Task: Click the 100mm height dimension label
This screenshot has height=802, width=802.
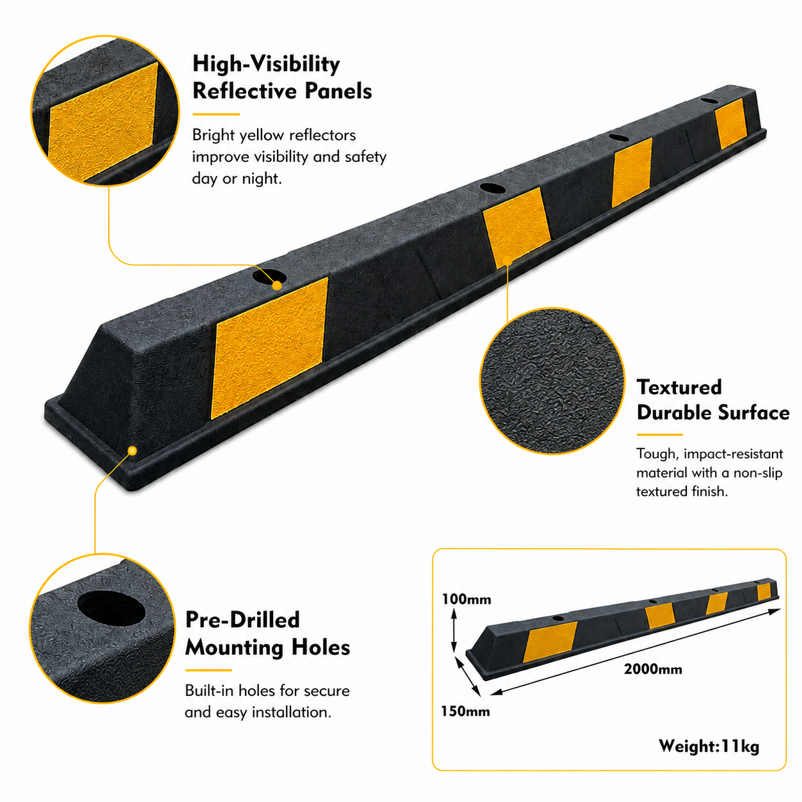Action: (x=466, y=599)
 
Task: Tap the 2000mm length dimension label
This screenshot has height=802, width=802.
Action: (x=652, y=669)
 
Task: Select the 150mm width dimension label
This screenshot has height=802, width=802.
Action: (x=466, y=711)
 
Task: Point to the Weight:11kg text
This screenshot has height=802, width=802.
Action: (x=709, y=746)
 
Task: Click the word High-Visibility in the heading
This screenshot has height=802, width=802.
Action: (x=266, y=65)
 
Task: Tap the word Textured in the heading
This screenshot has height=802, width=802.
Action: (x=679, y=388)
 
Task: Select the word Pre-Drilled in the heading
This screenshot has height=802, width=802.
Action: (x=242, y=620)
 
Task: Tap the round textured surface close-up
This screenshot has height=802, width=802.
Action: (x=553, y=381)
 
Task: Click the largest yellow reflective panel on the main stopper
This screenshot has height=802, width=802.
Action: (x=270, y=349)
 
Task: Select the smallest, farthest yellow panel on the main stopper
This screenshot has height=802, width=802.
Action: (x=730, y=123)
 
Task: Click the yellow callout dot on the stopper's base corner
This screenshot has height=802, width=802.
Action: (x=132, y=451)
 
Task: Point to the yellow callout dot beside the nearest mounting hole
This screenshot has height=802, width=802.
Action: (x=277, y=285)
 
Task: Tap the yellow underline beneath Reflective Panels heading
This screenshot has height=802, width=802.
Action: (x=216, y=114)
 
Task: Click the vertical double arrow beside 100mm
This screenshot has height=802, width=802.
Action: (x=454, y=631)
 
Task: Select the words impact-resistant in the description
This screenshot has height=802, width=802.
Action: (x=734, y=453)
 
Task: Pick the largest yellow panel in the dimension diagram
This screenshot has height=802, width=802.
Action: (x=550, y=641)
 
